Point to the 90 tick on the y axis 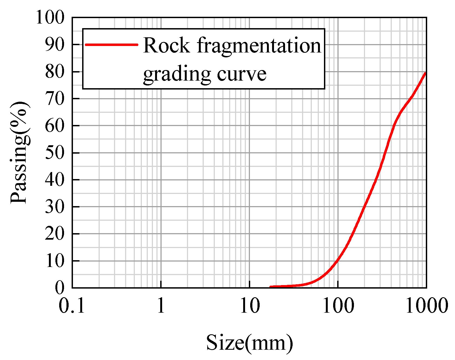55,44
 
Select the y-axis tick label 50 55,153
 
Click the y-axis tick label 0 60,288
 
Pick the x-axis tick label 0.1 72,306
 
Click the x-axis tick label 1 161,306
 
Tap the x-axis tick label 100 338,306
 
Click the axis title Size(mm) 249,343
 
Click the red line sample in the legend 111,45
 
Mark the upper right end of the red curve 425,73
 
